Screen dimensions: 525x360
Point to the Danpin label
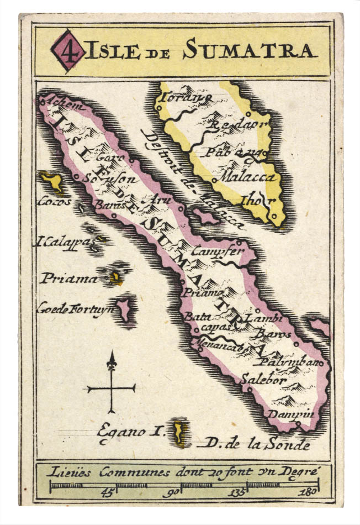[290, 414]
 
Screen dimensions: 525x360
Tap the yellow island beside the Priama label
[115, 278]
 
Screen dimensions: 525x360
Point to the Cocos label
[54, 202]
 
